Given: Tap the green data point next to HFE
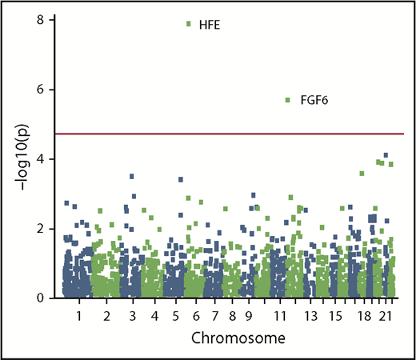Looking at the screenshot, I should pyautogui.click(x=188, y=24).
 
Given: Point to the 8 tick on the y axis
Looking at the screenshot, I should pyautogui.click(x=42, y=19).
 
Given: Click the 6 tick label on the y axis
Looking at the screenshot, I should pyautogui.click(x=42, y=90).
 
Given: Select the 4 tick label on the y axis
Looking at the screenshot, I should pyautogui.click(x=42, y=159).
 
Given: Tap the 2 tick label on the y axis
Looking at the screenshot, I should pyautogui.click(x=42, y=229).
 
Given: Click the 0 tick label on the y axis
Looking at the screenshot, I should pyautogui.click(x=42, y=298).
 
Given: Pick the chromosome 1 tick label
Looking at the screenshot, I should pyautogui.click(x=79, y=317).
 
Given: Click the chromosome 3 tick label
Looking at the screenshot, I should pyautogui.click(x=131, y=317).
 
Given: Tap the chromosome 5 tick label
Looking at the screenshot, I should pyautogui.click(x=176, y=317).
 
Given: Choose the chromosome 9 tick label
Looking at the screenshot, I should pyautogui.click(x=250, y=317).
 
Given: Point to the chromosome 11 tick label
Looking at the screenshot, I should pyautogui.click(x=281, y=317).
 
